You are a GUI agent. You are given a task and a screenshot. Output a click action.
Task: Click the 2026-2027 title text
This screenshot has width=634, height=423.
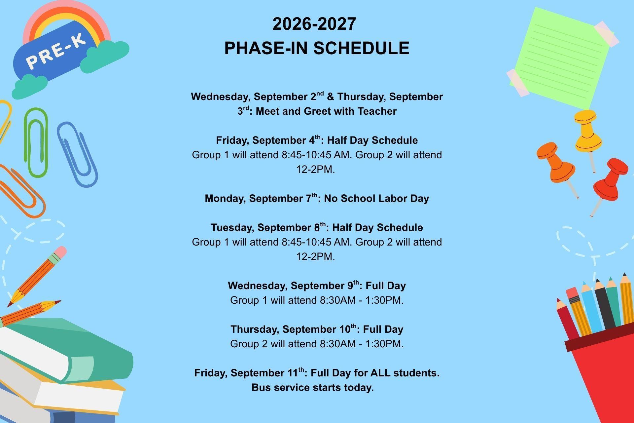tap(314, 24)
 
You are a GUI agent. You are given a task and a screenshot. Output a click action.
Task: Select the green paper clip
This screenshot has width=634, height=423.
tap(36, 142)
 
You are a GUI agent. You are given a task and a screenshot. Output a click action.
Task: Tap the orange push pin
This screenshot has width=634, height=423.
tap(558, 169)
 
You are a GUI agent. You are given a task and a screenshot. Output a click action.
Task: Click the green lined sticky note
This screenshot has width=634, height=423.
tap(561, 58)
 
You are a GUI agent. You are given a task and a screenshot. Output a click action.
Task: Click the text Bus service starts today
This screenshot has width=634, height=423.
tap(312, 387)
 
